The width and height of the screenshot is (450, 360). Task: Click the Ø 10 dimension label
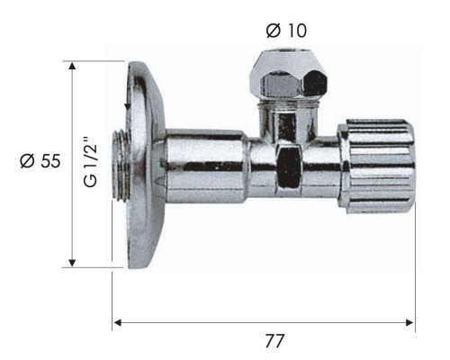286,31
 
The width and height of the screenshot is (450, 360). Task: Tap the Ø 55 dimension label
40,161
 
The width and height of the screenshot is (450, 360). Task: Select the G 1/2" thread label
91,162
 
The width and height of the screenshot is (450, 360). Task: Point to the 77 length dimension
274,341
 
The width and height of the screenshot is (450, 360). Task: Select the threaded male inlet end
121,165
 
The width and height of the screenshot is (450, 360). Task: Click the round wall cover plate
146,165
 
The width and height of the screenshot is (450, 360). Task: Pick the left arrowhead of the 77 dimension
117,323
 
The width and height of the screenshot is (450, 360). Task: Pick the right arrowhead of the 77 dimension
409,323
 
